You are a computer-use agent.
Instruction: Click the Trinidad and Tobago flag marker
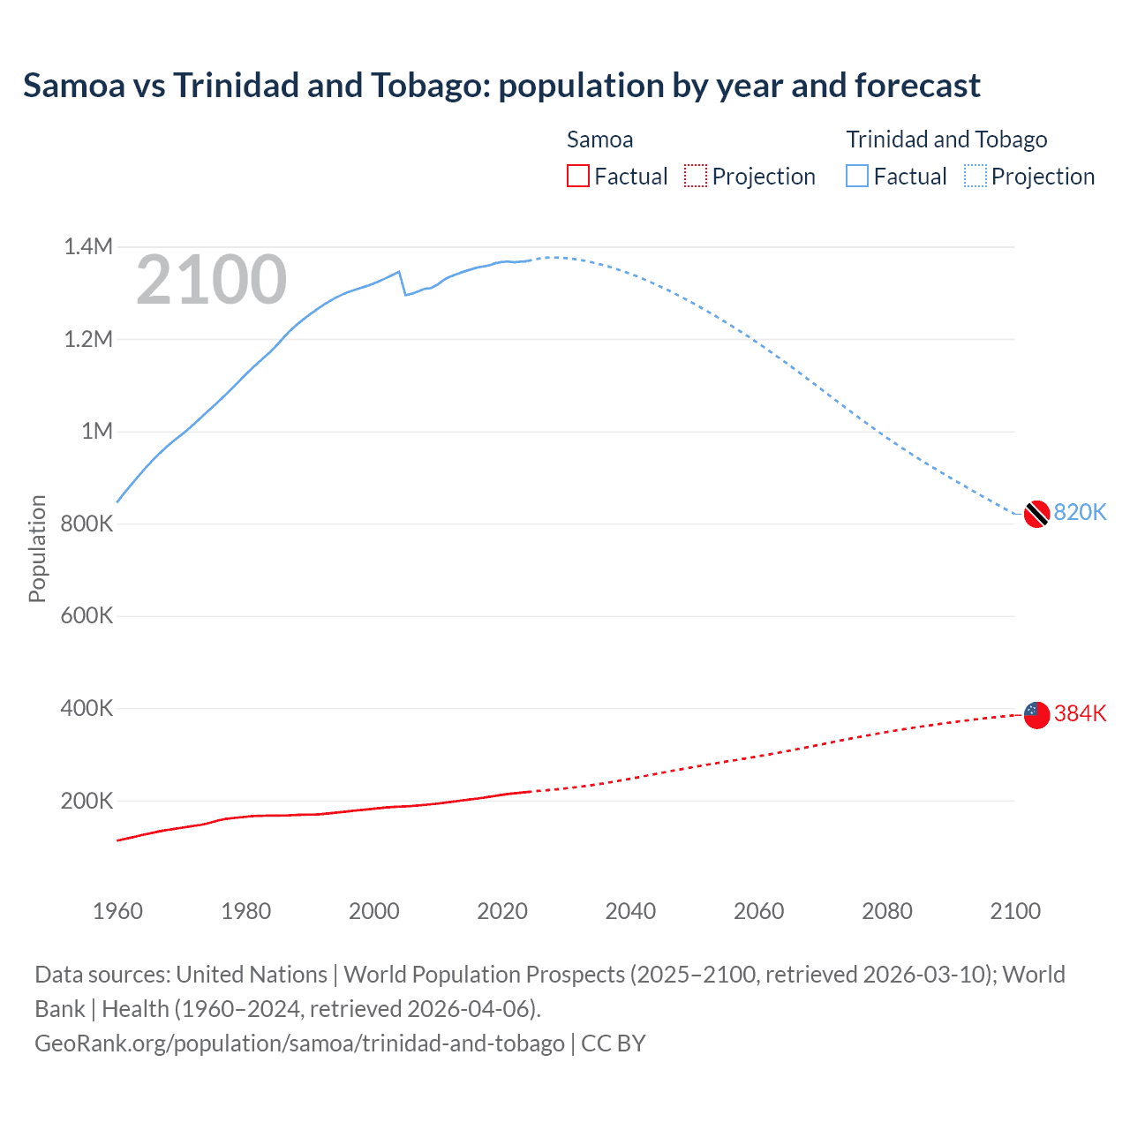[x=1036, y=513]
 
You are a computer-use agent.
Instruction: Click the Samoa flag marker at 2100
[x=1036, y=714]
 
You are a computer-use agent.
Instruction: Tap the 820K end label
[x=1080, y=513]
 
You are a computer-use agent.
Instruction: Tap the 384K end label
[x=1080, y=714]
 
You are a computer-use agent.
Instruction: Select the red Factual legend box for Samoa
[x=577, y=177]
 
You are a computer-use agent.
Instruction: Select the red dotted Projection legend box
[x=696, y=177]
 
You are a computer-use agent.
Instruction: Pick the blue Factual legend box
[x=856, y=177]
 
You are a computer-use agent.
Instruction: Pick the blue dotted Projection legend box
[x=976, y=177]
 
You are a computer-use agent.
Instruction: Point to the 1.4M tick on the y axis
[x=88, y=247]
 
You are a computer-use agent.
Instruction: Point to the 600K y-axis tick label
[x=87, y=616]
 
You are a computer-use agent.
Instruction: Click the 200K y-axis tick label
[x=87, y=802]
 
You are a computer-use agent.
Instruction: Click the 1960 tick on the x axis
[x=117, y=911]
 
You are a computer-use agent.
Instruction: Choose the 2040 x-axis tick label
[x=630, y=911]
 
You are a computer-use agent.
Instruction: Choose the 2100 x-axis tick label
[x=1015, y=911]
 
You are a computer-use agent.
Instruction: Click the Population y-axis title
[x=37, y=548]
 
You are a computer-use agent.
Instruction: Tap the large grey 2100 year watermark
[x=211, y=281]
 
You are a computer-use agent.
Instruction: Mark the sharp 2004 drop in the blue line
[x=403, y=282]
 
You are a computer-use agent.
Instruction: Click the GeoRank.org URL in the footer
[x=299, y=1043]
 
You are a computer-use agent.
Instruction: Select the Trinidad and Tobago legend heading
[x=946, y=139]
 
